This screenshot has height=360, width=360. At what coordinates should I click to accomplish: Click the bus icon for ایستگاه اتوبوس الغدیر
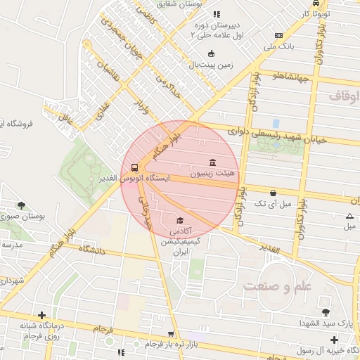point(134,167)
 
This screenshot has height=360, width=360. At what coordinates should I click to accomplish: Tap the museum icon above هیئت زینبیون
point(212,161)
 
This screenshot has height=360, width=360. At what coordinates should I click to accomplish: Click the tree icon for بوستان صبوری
point(22,205)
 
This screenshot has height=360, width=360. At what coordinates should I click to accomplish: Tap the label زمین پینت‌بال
point(210,65)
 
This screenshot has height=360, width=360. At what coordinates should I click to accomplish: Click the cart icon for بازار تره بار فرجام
point(171,334)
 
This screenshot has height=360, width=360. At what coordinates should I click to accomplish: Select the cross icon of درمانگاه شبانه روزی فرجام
point(41,315)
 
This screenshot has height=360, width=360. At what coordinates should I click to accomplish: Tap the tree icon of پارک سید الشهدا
point(326,311)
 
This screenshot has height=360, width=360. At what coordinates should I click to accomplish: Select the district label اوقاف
point(345,94)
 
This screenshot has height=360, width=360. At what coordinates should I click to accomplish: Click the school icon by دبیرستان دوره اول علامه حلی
point(217,14)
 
